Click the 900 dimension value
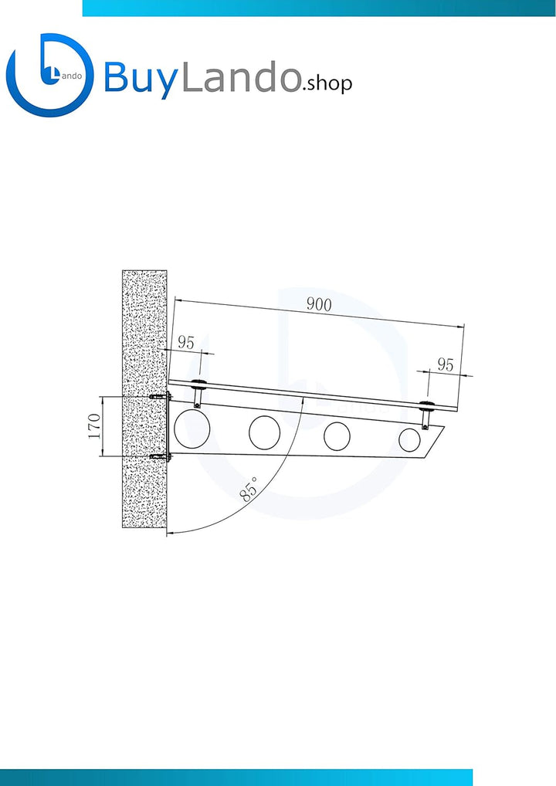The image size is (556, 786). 319,304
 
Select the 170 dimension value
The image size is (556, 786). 94,426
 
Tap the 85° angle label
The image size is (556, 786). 249,489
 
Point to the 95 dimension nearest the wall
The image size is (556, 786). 185,342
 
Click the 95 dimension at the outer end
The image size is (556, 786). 446,364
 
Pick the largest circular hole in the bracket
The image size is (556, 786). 192,429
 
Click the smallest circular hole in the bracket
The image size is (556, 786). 409,439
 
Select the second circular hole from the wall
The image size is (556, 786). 265,432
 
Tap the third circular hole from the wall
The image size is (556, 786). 337,436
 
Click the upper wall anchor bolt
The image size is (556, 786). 160,397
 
